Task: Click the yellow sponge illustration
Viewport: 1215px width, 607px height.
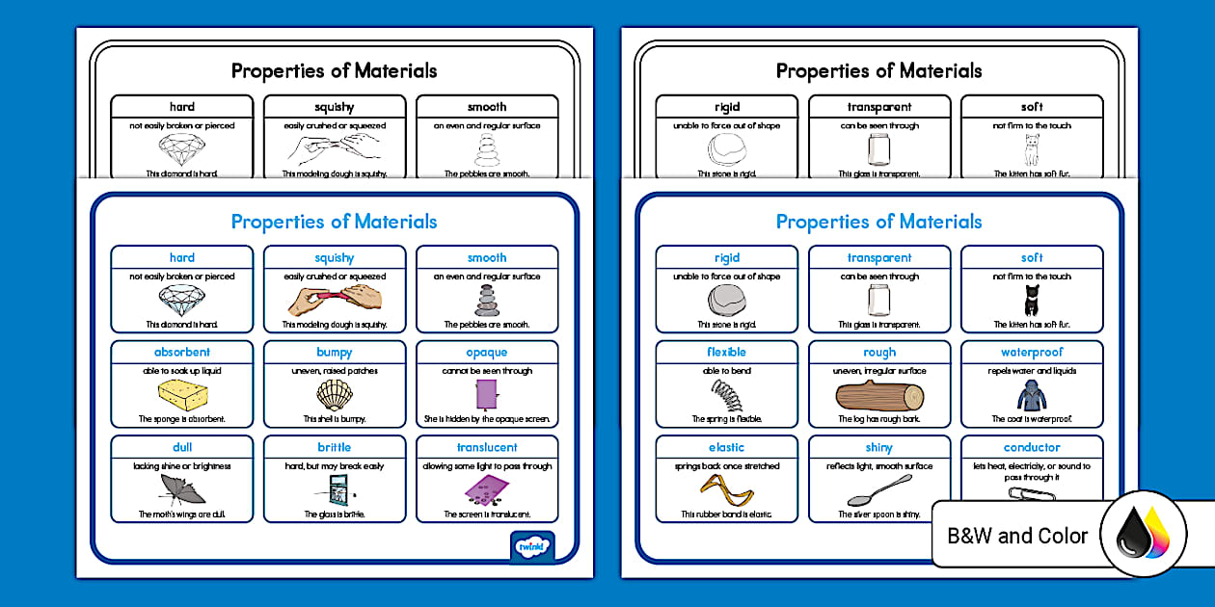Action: point(182,395)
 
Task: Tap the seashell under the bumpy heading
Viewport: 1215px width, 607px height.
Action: point(334,395)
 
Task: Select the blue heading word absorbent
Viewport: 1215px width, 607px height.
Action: point(182,353)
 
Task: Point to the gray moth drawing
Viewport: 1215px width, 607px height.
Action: point(182,490)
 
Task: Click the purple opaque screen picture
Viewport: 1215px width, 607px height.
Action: point(485,394)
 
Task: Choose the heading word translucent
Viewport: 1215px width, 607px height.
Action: point(487,447)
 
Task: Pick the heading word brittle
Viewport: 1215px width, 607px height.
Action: point(334,447)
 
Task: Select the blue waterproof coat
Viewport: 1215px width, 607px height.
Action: point(1031,395)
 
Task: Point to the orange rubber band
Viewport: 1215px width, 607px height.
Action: point(726,489)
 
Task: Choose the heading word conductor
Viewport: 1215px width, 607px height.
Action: point(1031,447)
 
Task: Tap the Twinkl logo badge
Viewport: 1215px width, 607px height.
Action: point(531,546)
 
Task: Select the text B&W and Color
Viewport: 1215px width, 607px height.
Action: point(1017,536)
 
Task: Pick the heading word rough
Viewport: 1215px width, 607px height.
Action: point(878,353)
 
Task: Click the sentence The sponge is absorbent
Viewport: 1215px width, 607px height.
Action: point(182,419)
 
